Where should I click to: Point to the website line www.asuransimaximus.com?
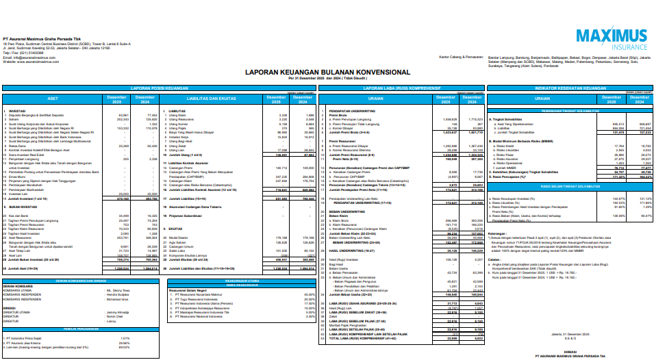[x=34, y=62]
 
